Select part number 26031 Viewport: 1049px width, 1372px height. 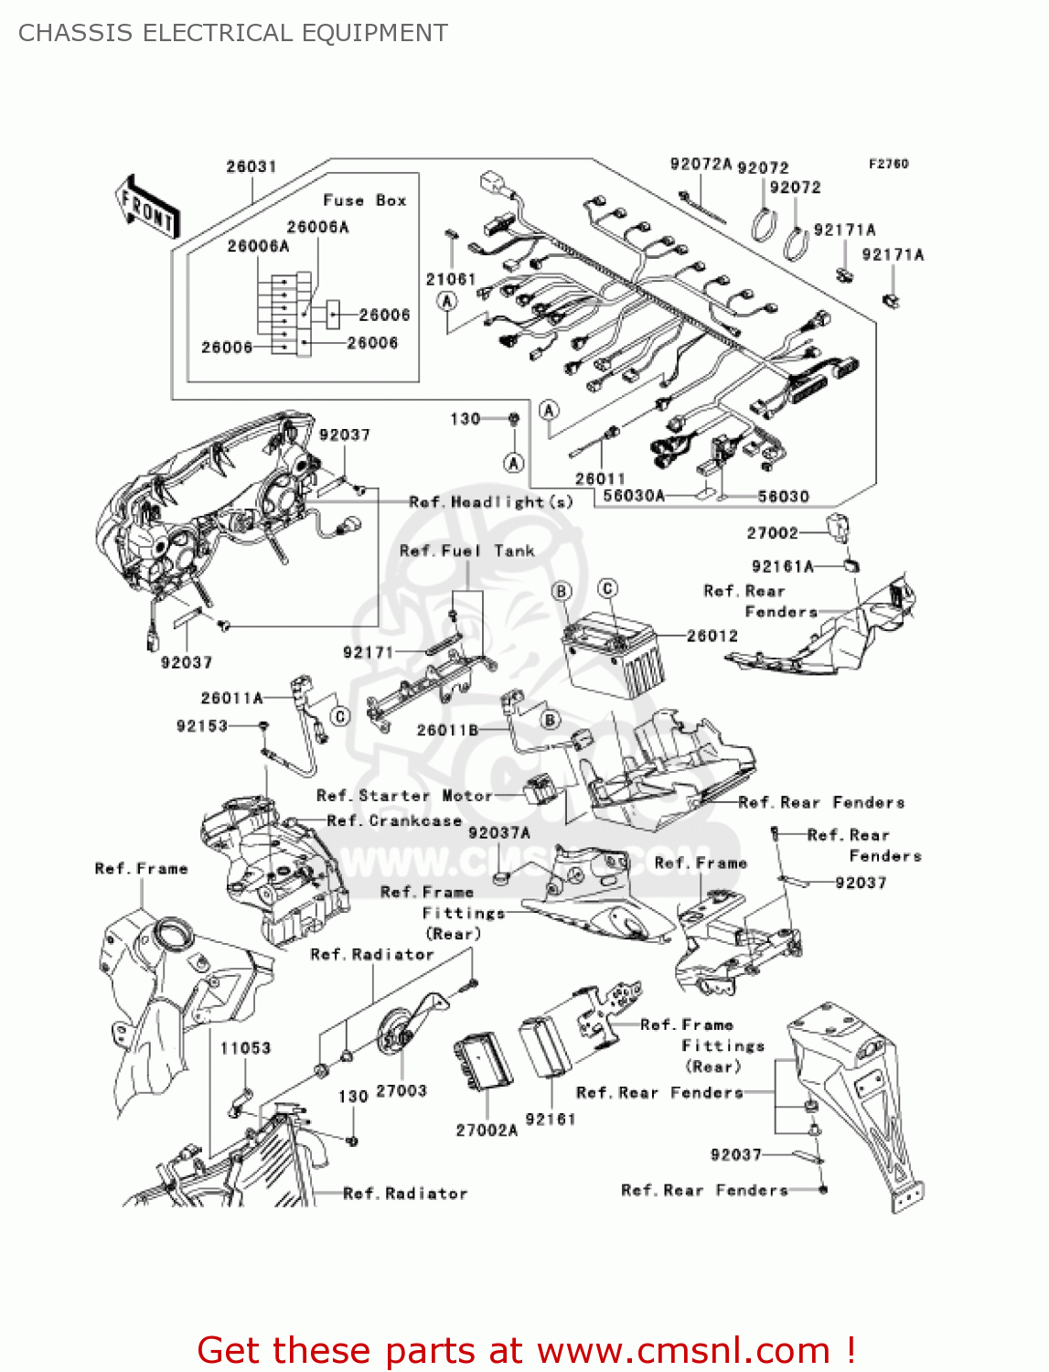[251, 166]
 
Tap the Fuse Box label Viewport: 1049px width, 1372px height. [364, 200]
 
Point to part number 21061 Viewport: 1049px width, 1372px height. [450, 279]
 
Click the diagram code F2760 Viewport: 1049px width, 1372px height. [888, 164]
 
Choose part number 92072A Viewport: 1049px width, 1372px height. [701, 165]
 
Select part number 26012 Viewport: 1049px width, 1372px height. [712, 636]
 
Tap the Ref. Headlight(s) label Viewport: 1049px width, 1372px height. [491, 501]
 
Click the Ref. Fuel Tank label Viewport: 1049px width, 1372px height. [466, 551]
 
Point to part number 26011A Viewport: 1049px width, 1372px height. [231, 698]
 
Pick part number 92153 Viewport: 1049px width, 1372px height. [201, 725]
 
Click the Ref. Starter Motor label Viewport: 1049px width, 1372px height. [404, 796]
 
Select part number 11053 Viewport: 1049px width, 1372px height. [245, 1048]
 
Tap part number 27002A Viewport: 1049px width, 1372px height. [487, 1131]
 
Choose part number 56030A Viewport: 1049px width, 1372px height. [634, 496]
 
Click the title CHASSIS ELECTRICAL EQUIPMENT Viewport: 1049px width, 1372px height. [233, 33]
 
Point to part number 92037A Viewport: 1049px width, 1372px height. [498, 832]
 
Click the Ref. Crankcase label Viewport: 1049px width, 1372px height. [394, 820]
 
